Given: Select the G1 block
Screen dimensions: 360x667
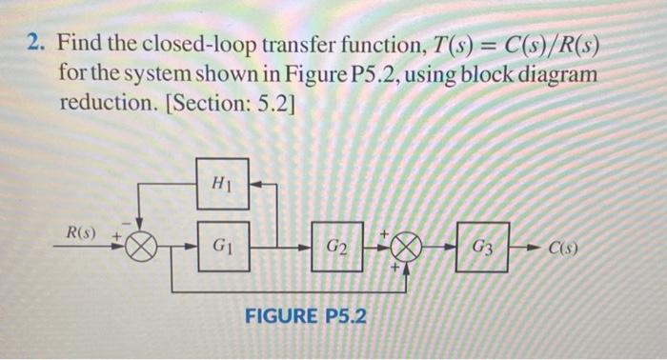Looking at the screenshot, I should pyautogui.click(x=222, y=246).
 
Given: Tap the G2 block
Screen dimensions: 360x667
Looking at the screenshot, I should pyautogui.click(x=337, y=247).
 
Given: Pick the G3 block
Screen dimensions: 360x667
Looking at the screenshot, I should pyautogui.click(x=483, y=246).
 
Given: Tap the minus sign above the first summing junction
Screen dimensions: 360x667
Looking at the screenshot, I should pyautogui.click(x=134, y=225).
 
